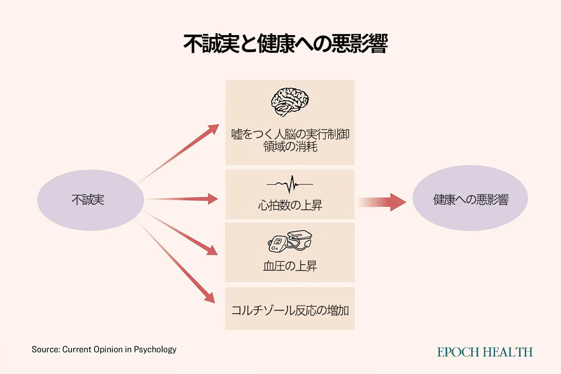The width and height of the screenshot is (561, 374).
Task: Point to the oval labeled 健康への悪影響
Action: (470, 200)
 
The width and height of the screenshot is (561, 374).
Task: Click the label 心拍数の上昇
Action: (290, 205)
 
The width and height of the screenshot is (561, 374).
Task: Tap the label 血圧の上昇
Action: (290, 266)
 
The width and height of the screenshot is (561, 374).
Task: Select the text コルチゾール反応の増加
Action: (290, 310)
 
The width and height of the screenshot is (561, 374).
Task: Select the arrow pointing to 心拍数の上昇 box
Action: (182, 199)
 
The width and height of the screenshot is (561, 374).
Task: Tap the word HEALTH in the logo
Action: (510, 352)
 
